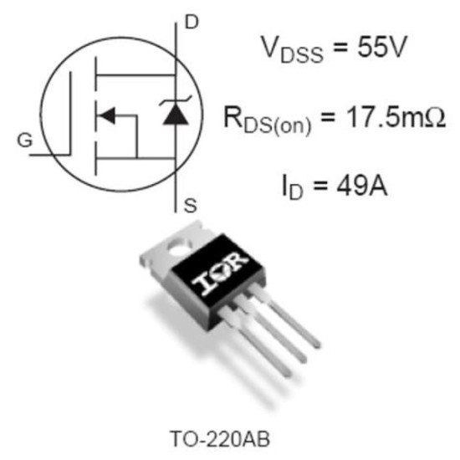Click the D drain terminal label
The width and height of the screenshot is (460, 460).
tap(192, 23)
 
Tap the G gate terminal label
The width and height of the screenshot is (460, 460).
tap(25, 141)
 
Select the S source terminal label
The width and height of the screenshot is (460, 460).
tap(190, 206)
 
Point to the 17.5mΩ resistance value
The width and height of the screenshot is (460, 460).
tap(396, 117)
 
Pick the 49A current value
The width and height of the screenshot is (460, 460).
tap(362, 186)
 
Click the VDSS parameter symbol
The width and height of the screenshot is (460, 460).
tap(292, 49)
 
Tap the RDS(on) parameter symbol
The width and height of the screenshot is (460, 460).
tap(267, 120)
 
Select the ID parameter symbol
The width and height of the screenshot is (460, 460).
tap(292, 187)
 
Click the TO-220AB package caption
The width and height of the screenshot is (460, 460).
tap(220, 439)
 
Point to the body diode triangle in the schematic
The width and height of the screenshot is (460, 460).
tap(176, 114)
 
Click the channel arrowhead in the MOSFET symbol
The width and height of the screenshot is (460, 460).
tap(106, 115)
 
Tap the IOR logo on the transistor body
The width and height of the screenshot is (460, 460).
tap(220, 273)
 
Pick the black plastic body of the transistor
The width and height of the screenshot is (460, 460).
tap(217, 279)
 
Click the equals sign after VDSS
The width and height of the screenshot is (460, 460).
tap(340, 47)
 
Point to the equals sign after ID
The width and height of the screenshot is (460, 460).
tap(319, 187)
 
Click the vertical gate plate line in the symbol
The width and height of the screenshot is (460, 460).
tap(70, 114)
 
